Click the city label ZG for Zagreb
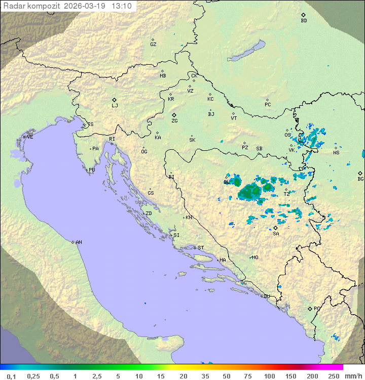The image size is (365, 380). (174, 121)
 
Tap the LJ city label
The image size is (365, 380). (115, 106)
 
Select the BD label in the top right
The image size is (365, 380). (304, 21)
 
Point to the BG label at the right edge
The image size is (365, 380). (360, 179)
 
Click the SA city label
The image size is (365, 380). (276, 234)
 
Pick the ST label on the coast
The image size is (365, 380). (201, 247)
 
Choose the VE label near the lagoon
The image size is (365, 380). (30, 137)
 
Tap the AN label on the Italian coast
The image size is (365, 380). (79, 242)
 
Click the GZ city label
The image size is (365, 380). (153, 45)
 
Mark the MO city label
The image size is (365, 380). (255, 257)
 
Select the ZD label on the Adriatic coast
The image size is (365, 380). (149, 214)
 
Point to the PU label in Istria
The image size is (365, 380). (92, 170)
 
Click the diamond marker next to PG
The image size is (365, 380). (310, 308)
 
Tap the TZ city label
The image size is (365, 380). (286, 194)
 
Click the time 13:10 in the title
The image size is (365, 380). (122, 6)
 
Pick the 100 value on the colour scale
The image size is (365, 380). (269, 376)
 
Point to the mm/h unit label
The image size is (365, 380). (353, 376)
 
